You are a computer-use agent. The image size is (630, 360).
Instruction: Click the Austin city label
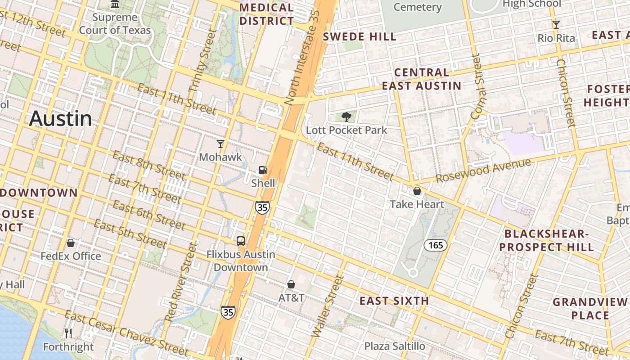pos(60,119)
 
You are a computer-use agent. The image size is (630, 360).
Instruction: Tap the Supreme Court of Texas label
pos(115,24)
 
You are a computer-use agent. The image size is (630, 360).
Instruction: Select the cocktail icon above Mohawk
pos(220,144)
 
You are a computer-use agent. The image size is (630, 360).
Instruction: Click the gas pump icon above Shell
pos(263,170)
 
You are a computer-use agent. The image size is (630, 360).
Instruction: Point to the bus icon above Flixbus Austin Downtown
pos(241,241)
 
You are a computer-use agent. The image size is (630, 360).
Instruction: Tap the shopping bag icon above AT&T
pos(291,284)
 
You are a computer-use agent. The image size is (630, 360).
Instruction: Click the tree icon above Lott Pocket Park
pos(346,117)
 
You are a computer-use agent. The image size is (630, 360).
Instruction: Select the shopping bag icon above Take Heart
pos(417,191)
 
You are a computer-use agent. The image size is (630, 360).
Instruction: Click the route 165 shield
pos(436,245)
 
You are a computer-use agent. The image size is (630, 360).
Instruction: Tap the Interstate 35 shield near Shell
pos(262,207)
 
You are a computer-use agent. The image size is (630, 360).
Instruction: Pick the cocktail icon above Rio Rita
pos(556,25)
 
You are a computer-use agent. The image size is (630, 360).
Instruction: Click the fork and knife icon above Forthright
pos(68,333)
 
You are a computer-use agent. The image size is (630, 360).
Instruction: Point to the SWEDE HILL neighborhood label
pos(360,37)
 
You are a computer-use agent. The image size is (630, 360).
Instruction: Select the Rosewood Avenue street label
pos(483,171)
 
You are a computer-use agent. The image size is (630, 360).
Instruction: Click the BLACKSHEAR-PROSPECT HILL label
pos(546,240)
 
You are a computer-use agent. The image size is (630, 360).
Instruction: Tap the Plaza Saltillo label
pos(395,346)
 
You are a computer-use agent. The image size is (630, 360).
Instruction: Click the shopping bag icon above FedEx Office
pos(71,243)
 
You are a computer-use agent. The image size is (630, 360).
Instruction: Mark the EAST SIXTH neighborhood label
pos(394,301)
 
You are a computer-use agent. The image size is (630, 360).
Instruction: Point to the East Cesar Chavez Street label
pos(126,333)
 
